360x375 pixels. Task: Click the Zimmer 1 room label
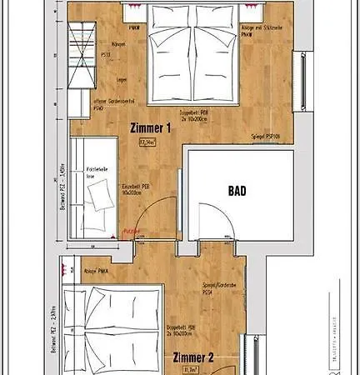coord(151,128)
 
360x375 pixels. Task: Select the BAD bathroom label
coord(237,191)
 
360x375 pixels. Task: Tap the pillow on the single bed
coord(104,197)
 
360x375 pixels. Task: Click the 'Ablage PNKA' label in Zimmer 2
coord(97,272)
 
